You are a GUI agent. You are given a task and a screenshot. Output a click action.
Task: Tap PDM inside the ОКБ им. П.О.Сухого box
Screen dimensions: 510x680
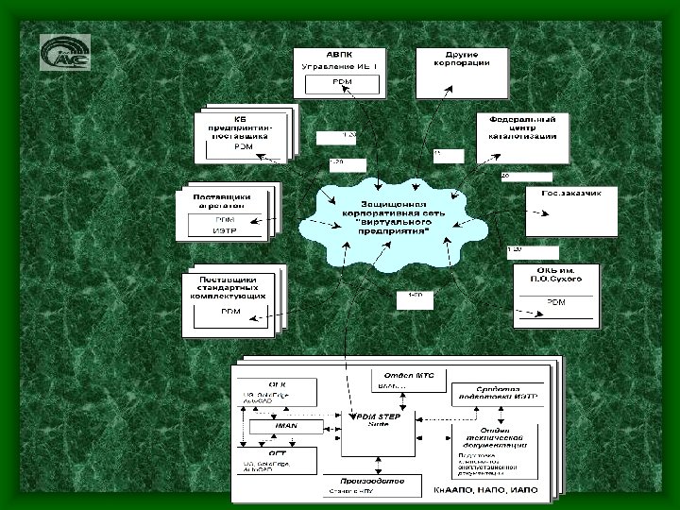pyautogui.click(x=556, y=302)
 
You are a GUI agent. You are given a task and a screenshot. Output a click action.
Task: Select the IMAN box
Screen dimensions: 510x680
pyautogui.click(x=285, y=426)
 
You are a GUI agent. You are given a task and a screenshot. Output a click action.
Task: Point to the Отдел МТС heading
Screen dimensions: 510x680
pyautogui.click(x=403, y=375)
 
